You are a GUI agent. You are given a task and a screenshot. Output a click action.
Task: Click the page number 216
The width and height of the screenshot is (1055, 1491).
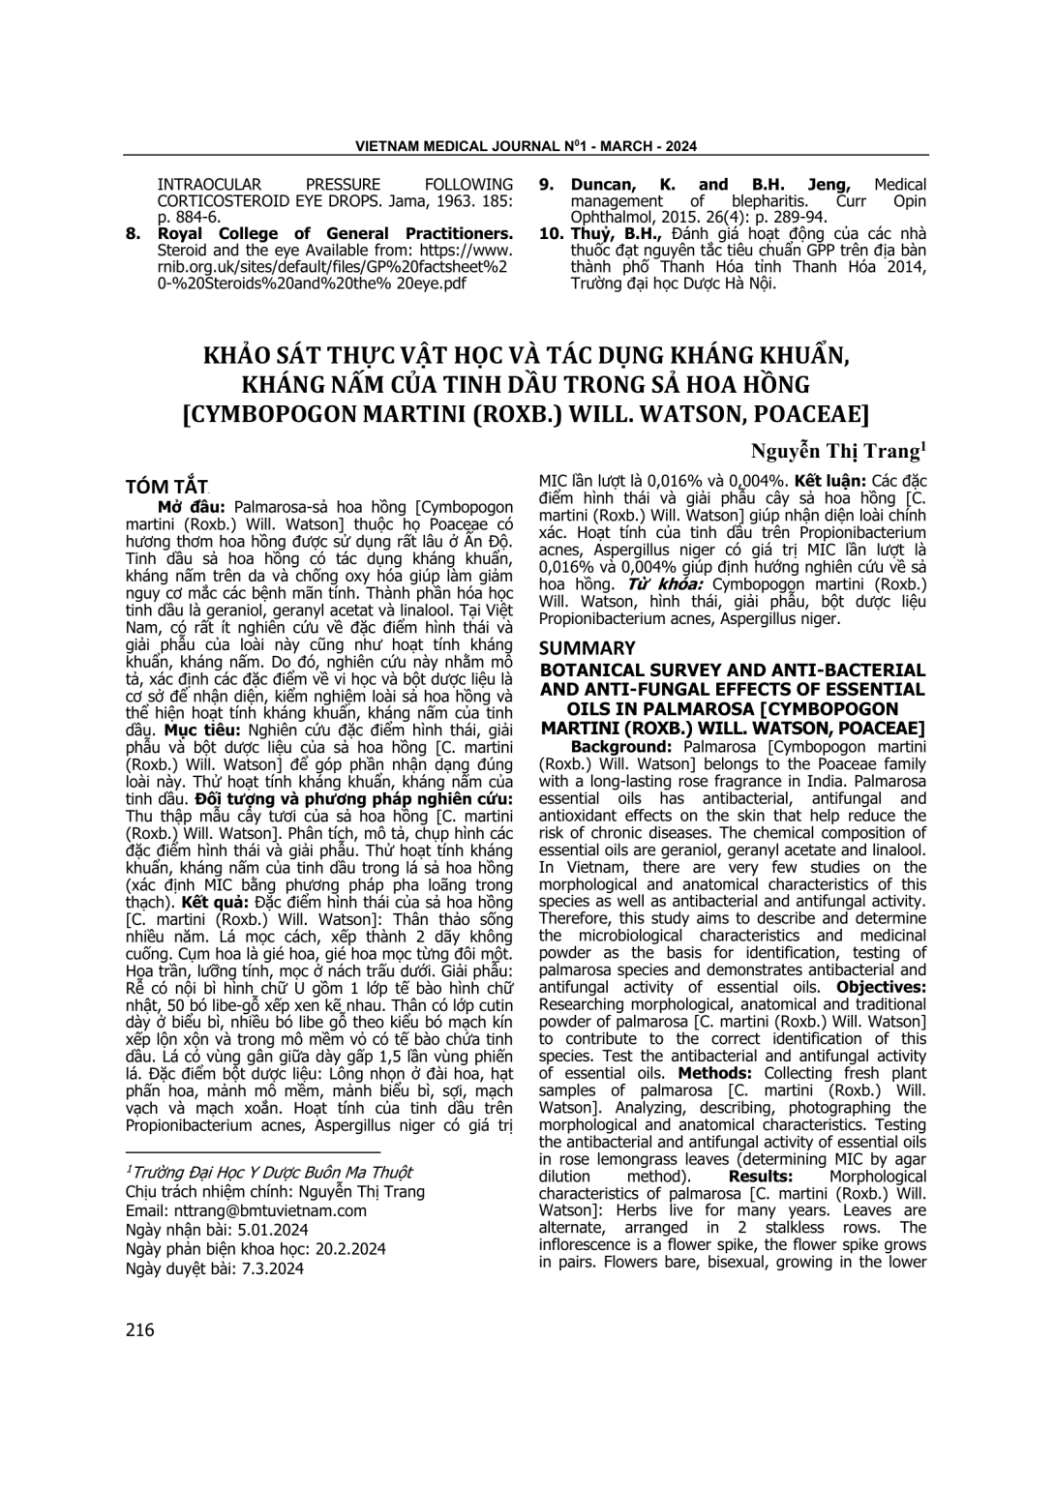[140, 1330]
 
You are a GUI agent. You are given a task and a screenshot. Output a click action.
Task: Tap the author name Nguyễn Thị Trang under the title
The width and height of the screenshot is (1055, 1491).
[837, 451]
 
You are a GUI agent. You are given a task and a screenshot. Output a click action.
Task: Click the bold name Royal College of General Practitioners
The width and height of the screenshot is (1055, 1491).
[335, 233]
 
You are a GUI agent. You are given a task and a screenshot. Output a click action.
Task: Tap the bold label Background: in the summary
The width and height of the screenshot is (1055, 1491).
[622, 747]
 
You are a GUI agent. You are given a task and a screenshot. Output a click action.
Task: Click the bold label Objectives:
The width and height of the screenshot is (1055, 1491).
[881, 987]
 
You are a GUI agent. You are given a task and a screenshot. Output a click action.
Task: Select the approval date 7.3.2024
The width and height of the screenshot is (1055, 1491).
[263, 1268]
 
